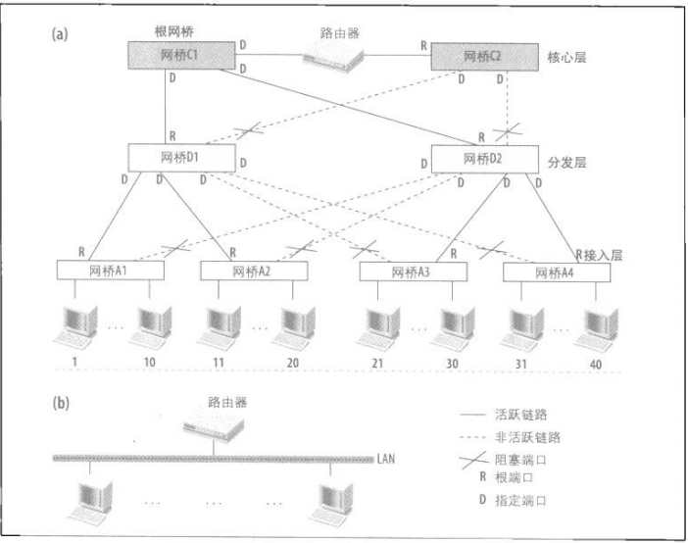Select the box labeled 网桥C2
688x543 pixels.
coord(480,56)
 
